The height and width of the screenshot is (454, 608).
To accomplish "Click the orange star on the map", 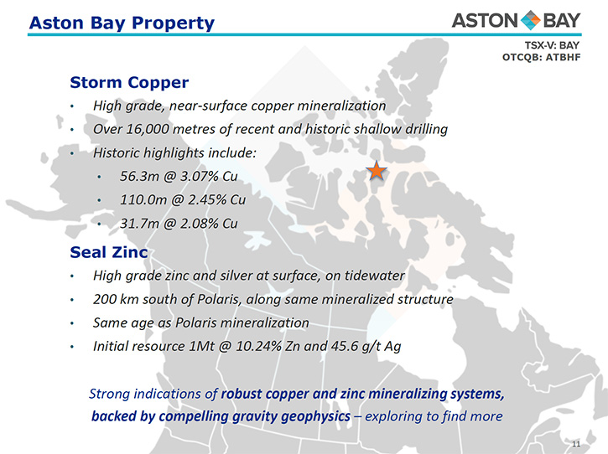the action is (377, 170).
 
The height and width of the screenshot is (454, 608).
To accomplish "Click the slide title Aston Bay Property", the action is (122, 23).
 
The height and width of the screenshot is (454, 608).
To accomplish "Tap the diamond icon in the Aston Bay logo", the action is (531, 21).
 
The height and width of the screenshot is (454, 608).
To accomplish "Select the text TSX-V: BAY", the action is (552, 45).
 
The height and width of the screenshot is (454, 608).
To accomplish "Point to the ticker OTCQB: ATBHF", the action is (541, 57).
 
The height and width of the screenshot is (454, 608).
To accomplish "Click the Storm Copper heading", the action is (129, 83).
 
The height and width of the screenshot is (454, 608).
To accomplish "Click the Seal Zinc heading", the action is (109, 252).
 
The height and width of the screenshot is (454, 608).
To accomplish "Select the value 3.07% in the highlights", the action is (200, 176).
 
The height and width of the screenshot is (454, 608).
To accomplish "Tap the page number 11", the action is (576, 444).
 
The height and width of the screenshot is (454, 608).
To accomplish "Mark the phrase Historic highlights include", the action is (175, 152).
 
